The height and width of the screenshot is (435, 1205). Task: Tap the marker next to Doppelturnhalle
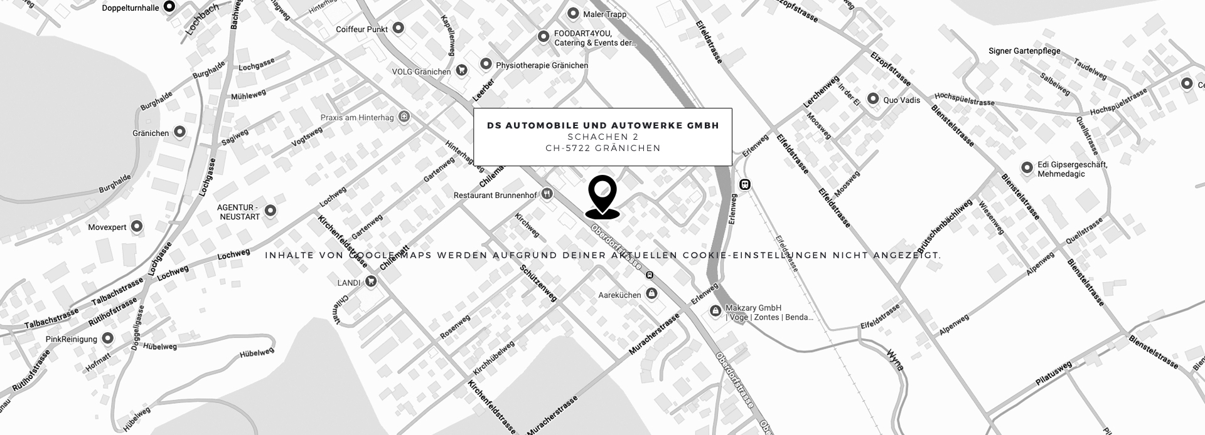point(169,7)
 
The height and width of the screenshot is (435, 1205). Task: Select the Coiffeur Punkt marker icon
point(398,28)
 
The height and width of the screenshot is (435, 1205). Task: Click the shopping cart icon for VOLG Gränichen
point(462,71)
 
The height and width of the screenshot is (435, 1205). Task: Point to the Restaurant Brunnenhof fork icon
point(547,194)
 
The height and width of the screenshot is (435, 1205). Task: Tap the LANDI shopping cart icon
point(371,282)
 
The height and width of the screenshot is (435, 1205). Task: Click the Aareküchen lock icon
point(651,293)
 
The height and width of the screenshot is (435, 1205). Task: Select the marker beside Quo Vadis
point(872,99)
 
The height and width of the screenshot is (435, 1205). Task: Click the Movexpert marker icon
point(136,226)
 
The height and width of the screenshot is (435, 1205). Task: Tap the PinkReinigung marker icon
point(107,338)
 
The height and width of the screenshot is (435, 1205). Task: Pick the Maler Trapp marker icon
point(572,14)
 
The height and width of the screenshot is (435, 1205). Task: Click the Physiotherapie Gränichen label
point(542,65)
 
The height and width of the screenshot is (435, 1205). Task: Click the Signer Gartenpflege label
point(1024,51)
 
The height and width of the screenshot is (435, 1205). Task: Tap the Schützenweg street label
point(538,283)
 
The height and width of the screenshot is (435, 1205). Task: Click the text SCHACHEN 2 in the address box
point(602,137)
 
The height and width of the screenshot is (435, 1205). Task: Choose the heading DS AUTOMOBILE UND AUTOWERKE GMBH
point(602,125)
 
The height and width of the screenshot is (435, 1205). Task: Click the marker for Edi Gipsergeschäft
point(1027,167)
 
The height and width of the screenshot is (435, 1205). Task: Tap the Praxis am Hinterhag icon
point(405,117)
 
